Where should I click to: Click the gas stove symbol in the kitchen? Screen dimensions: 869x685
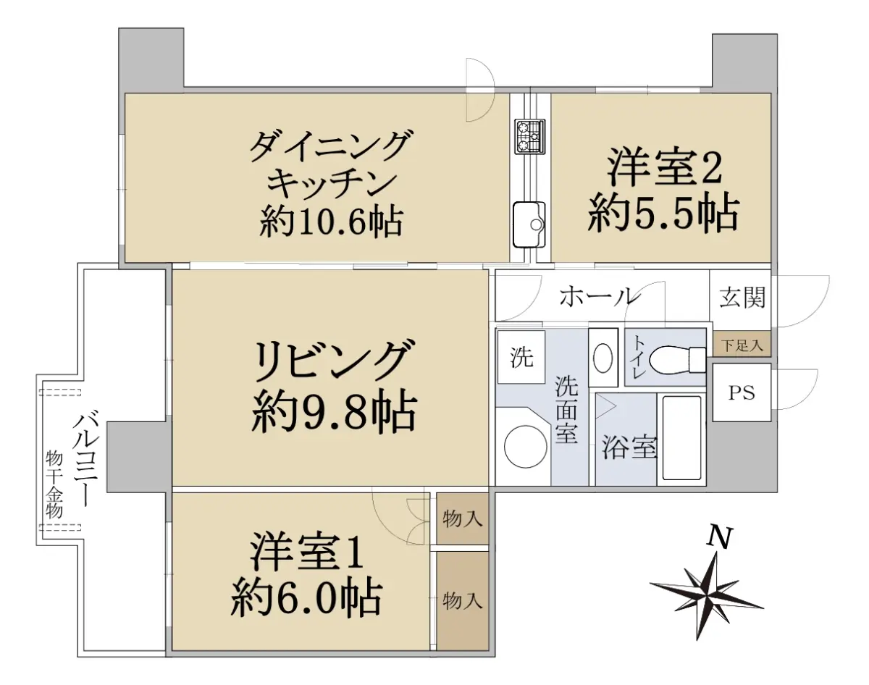pyautogui.click(x=530, y=136)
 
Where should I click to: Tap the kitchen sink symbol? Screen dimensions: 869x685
pyautogui.click(x=529, y=224)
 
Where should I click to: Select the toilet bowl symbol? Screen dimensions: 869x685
pyautogui.click(x=676, y=359)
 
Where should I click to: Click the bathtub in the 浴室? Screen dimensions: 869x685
pyautogui.click(x=681, y=437)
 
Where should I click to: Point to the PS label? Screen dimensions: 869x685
pyautogui.click(x=742, y=393)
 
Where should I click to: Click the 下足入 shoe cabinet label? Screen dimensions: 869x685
pyautogui.click(x=742, y=345)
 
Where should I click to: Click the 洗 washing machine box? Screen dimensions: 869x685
pyautogui.click(x=521, y=357)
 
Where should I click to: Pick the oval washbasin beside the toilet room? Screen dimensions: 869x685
pyautogui.click(x=603, y=358)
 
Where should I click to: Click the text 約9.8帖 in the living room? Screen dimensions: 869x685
pyautogui.click(x=334, y=413)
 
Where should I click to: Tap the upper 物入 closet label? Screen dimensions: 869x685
pyautogui.click(x=463, y=518)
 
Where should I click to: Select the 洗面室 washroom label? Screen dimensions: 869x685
pyautogui.click(x=566, y=409)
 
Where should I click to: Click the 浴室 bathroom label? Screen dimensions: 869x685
pyautogui.click(x=629, y=447)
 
